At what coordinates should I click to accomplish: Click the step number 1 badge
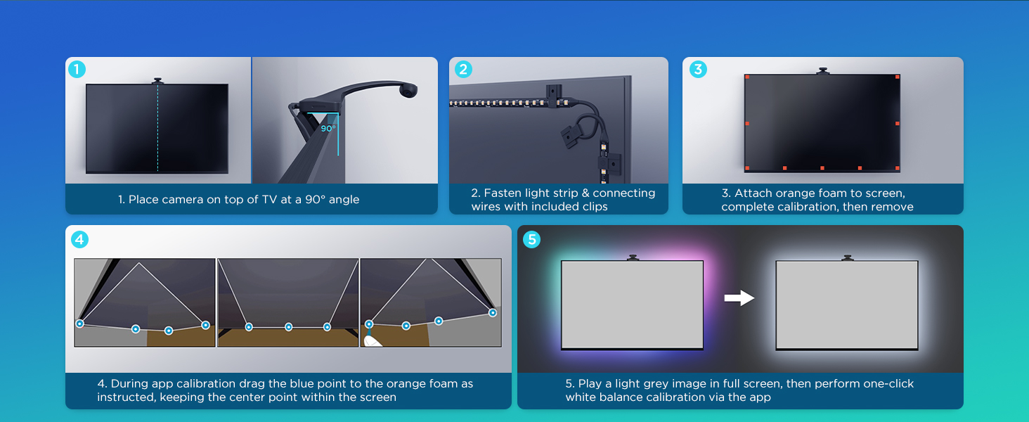click(77, 70)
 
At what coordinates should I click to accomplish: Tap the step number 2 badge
click(463, 70)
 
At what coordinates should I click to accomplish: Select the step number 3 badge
click(698, 70)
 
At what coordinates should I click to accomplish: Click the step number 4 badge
click(79, 240)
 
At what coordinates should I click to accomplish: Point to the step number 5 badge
click(531, 240)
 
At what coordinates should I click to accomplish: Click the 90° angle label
click(328, 129)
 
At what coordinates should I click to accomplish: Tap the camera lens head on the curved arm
click(408, 89)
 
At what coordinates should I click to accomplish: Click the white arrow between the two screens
click(739, 298)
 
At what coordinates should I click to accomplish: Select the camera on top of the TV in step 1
click(157, 81)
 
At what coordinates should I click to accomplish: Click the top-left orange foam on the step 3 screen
click(747, 77)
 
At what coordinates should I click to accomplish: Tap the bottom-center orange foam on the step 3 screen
click(822, 168)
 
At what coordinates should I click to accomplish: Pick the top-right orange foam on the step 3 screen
click(897, 77)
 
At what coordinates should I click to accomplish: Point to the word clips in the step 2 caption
click(595, 207)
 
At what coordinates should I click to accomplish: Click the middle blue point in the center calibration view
click(288, 327)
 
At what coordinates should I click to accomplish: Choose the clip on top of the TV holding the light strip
click(554, 94)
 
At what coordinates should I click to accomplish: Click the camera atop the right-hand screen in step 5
click(847, 258)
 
